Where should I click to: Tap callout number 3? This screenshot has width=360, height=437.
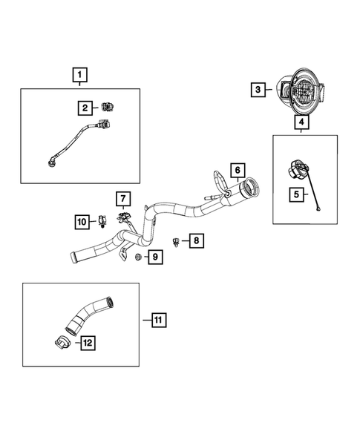coord(258,90)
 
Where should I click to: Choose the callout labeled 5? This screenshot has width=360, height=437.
coord(295,195)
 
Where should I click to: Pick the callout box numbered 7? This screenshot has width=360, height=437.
coord(122,198)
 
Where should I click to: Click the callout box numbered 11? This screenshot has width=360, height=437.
coord(157,320)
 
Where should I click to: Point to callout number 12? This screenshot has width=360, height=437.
coord(88,342)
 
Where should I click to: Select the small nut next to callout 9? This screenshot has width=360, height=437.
coord(138,257)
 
